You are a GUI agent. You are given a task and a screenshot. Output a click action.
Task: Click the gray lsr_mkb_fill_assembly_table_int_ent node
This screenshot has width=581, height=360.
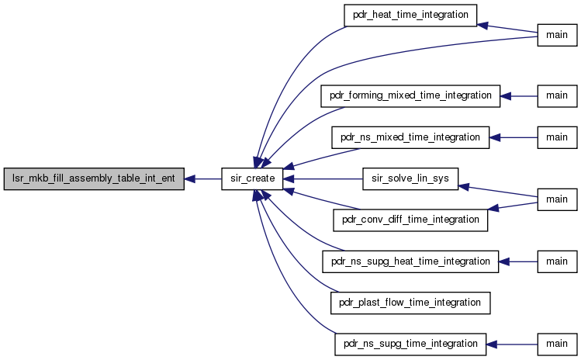[x=94, y=178]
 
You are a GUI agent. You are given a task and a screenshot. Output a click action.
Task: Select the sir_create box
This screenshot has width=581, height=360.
[x=252, y=178]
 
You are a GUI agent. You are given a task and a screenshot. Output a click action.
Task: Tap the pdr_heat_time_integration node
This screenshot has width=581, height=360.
[x=410, y=16]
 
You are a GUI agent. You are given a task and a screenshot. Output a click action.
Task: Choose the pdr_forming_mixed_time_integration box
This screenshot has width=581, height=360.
[x=410, y=96]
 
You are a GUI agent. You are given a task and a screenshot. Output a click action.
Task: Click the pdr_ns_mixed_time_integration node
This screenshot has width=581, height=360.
[x=410, y=137]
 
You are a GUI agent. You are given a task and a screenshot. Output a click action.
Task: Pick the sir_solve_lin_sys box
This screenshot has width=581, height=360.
[x=410, y=178]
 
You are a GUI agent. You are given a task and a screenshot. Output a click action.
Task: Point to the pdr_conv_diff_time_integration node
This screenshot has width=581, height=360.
[x=410, y=220]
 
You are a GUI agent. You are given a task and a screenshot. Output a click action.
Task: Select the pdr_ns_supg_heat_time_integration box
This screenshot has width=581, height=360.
[x=410, y=261]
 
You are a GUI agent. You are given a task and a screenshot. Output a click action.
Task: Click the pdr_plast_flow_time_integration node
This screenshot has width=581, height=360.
[x=410, y=303]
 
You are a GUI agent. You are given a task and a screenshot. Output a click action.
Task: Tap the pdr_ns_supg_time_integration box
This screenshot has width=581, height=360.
[x=410, y=344]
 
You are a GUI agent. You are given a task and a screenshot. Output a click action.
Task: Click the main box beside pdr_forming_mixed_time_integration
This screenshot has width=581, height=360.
[x=557, y=96]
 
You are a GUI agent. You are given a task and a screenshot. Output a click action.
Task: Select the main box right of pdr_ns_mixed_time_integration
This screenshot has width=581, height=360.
[x=557, y=137]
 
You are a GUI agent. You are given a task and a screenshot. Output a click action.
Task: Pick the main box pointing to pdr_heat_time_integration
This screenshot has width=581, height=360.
[x=557, y=35]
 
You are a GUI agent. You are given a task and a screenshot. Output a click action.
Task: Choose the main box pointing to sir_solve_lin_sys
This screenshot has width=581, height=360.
[x=557, y=200]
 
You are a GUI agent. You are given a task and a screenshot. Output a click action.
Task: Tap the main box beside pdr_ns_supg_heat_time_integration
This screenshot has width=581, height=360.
[x=557, y=261]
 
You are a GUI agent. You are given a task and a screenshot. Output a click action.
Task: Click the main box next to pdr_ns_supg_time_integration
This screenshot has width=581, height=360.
[x=557, y=344]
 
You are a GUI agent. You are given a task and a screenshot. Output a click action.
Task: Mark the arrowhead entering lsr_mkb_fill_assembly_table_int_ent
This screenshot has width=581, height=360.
[x=189, y=179]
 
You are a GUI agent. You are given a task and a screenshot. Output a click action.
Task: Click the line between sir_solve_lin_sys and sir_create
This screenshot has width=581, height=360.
[x=323, y=179]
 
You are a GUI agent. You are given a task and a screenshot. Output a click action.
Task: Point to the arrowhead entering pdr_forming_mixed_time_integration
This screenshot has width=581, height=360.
[x=506, y=96]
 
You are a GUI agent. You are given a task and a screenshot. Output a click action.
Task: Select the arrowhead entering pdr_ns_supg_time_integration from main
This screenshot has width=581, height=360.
[x=491, y=344]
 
